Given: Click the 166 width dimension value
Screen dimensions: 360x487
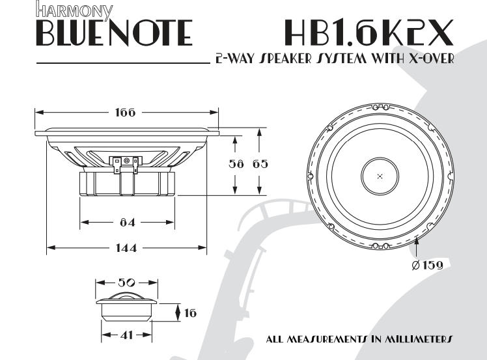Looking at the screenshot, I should [125, 113].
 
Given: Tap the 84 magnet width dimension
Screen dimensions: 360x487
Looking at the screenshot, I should [127, 223].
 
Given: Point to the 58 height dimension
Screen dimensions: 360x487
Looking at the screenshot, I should [235, 165].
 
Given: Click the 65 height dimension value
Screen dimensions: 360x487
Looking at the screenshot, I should [260, 165].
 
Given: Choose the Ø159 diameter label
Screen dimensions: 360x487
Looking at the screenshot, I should [427, 266].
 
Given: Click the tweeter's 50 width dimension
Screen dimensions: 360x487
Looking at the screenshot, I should [127, 283].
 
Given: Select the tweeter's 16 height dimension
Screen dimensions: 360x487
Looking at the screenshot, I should [190, 313].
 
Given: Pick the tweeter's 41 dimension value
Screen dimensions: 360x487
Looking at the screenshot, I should [127, 335].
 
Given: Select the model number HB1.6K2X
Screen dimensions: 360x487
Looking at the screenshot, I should [369, 32].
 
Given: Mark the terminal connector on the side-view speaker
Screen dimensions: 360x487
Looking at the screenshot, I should [127, 163].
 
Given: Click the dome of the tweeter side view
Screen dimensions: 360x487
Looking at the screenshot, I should [127, 296].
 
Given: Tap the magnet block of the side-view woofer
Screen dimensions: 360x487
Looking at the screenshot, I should [127, 184].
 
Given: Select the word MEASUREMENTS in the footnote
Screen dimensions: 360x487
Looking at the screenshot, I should [318, 339].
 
